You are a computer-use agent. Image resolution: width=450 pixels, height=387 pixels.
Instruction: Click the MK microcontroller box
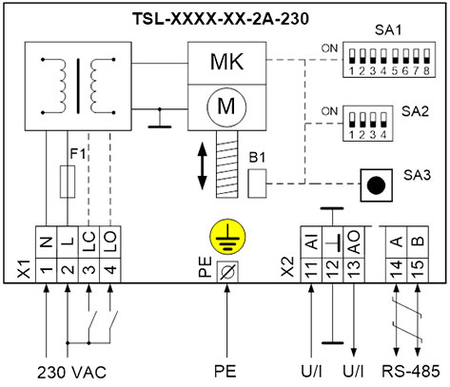(x=226, y=64)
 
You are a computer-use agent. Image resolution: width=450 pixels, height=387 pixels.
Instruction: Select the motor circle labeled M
(x=226, y=106)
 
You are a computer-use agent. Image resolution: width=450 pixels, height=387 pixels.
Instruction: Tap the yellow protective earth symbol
(x=227, y=237)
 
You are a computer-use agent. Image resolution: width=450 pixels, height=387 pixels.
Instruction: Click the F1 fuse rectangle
(x=68, y=182)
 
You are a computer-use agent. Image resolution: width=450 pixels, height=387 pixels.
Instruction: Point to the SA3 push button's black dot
(x=376, y=185)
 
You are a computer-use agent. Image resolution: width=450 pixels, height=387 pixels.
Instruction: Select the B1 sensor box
(x=257, y=184)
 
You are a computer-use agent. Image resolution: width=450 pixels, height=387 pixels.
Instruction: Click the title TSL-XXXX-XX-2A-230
(x=220, y=19)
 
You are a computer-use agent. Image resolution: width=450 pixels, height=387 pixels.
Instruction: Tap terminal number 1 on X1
(x=47, y=270)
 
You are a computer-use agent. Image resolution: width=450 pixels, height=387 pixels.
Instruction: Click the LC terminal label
(x=89, y=242)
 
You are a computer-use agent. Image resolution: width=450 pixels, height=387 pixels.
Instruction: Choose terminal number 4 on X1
(x=110, y=270)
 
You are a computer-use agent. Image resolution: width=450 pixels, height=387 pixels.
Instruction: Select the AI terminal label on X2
(x=312, y=242)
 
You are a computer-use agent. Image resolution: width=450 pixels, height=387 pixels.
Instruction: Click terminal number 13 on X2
(x=354, y=270)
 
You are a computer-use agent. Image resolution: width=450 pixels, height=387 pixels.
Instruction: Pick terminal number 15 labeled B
(x=418, y=270)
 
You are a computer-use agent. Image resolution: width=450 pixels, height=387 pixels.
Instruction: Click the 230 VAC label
(x=71, y=372)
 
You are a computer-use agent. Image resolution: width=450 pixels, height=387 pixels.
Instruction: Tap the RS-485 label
(x=411, y=372)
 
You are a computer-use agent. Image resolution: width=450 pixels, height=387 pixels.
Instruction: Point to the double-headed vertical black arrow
(x=203, y=166)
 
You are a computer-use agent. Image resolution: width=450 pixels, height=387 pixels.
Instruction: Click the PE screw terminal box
(x=227, y=272)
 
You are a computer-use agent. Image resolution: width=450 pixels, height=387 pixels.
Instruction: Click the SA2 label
(x=415, y=111)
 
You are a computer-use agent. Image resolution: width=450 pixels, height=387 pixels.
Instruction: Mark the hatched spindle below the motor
(x=227, y=164)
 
